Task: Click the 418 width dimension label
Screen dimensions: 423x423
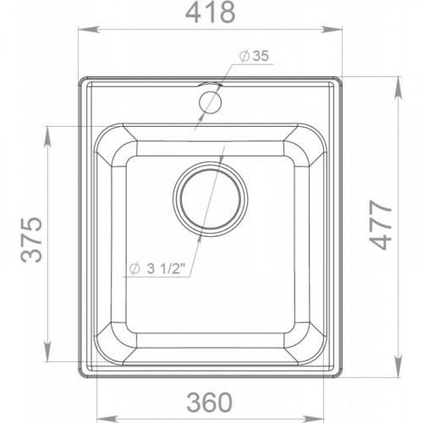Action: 210,13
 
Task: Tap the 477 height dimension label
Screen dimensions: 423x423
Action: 381,225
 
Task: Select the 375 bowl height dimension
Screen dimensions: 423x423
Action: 31,239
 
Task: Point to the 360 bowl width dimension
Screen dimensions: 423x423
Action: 209,403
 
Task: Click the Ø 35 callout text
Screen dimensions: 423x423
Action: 254,56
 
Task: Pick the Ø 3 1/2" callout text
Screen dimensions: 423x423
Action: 157,269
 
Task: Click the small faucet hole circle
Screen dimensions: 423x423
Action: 210,102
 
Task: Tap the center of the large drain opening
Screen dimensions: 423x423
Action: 211,199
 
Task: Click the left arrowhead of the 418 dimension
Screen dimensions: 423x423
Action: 89,30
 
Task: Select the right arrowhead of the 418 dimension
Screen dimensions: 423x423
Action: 332,30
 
